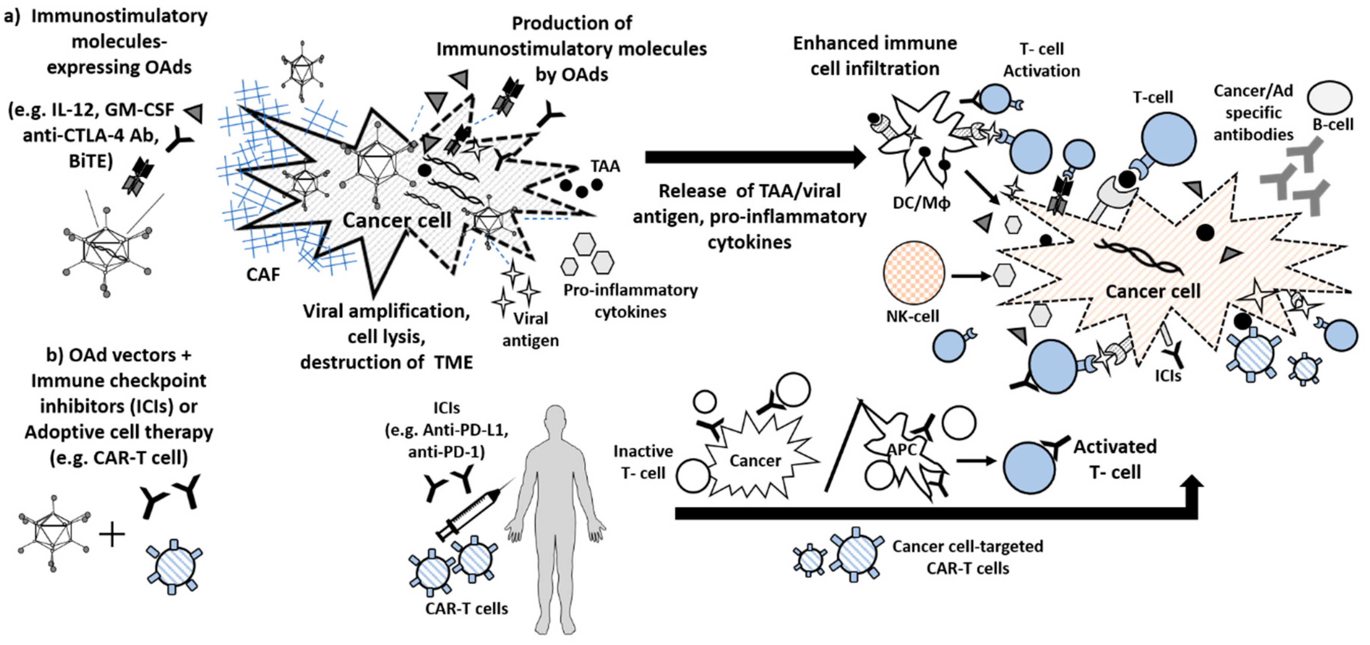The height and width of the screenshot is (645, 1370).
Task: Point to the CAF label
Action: [x=263, y=274]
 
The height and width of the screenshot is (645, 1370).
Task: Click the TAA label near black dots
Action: [x=605, y=166]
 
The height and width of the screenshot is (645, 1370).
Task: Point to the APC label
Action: [x=902, y=450]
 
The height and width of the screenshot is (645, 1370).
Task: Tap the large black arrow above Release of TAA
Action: [x=756, y=157]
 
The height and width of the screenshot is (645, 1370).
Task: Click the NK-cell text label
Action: [x=913, y=317]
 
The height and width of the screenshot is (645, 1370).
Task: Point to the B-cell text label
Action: [x=1333, y=124]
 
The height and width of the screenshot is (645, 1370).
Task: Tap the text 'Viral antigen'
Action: [x=530, y=329]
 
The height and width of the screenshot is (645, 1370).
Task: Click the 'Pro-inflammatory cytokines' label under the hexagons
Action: [x=631, y=300]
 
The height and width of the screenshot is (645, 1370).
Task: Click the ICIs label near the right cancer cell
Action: [x=1168, y=376]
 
